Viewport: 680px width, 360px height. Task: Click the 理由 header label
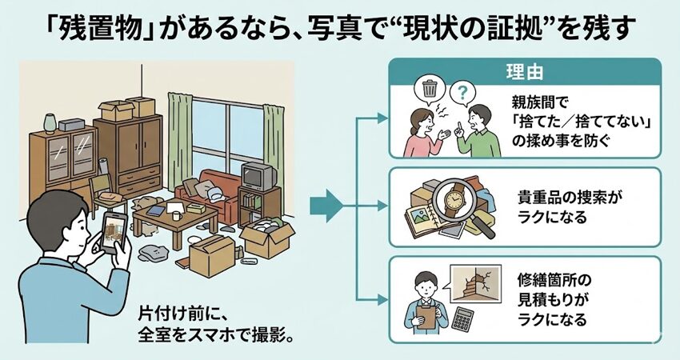[526, 71]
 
